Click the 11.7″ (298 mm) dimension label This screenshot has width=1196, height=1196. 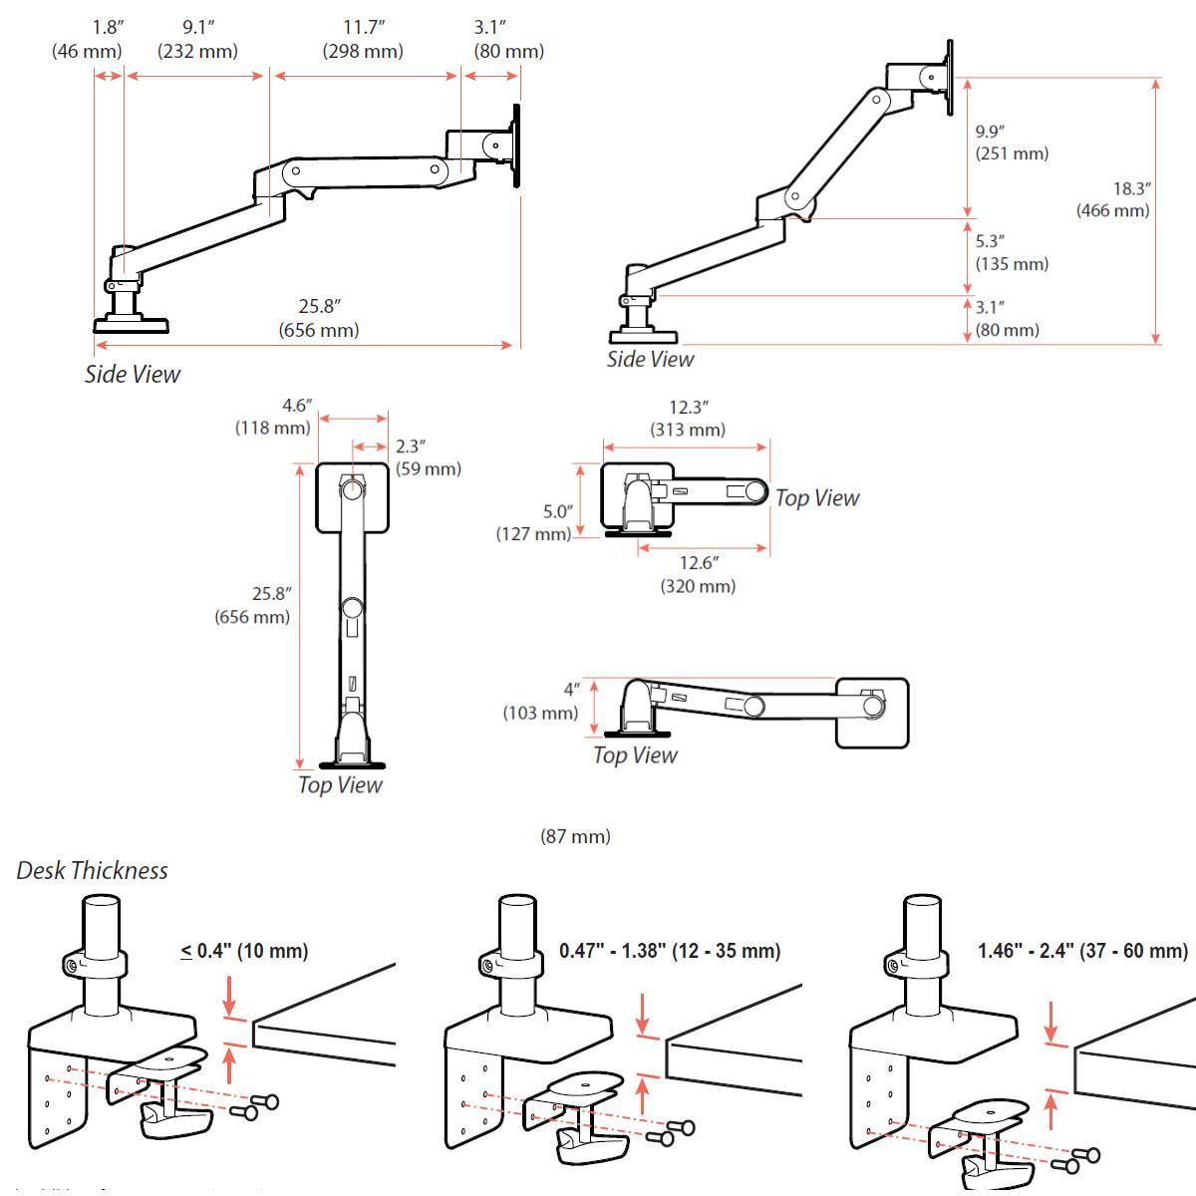tap(362, 40)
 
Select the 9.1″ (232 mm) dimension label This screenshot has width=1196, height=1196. tap(196, 40)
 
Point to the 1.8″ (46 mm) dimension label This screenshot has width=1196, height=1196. tap(87, 40)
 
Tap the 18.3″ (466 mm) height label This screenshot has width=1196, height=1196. tap(1113, 199)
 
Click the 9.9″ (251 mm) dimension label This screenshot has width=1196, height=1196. tap(1011, 143)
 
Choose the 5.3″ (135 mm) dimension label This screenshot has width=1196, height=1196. tap(1011, 253)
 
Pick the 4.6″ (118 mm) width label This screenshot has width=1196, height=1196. tap(273, 417)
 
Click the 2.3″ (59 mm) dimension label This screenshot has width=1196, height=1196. tap(428, 457)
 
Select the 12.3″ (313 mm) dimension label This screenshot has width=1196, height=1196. tap(688, 419)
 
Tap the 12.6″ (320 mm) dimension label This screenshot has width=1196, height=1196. tap(698, 575)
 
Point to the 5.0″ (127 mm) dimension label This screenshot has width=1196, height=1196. tap(534, 522)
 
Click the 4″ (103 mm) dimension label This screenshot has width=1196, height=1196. tap(540, 701)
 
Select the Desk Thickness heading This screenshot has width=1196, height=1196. tap(92, 871)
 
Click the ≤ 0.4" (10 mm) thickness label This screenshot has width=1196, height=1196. tap(244, 951)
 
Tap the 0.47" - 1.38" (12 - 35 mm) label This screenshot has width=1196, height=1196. tap(670, 951)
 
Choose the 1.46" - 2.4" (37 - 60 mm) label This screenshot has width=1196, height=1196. tap(1082, 951)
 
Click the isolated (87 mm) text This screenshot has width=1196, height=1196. tap(575, 836)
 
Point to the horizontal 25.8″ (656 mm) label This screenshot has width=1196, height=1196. tap(319, 318)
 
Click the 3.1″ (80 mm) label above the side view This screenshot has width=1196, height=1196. tap(508, 40)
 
